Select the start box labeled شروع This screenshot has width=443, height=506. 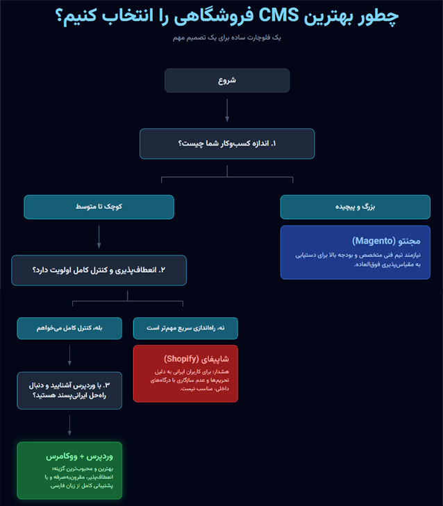[x=227, y=81]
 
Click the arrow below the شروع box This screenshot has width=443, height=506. [x=227, y=110]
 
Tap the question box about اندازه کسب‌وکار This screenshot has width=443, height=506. [x=227, y=144]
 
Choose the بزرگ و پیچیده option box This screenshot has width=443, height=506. [x=355, y=208]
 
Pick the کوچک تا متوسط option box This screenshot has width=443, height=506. [x=99, y=208]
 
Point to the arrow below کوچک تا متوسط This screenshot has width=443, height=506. [x=99, y=237]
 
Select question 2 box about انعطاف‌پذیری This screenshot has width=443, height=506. [x=99, y=270]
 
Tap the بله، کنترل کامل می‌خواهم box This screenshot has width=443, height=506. [x=69, y=328]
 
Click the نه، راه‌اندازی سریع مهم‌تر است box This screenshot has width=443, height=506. [x=185, y=328]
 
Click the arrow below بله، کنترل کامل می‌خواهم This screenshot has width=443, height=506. [x=69, y=355]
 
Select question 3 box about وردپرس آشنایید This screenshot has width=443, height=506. [x=69, y=390]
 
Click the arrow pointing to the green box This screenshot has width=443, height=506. [x=69, y=425]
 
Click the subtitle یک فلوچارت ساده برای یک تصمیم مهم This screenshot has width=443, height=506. [x=227, y=37]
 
